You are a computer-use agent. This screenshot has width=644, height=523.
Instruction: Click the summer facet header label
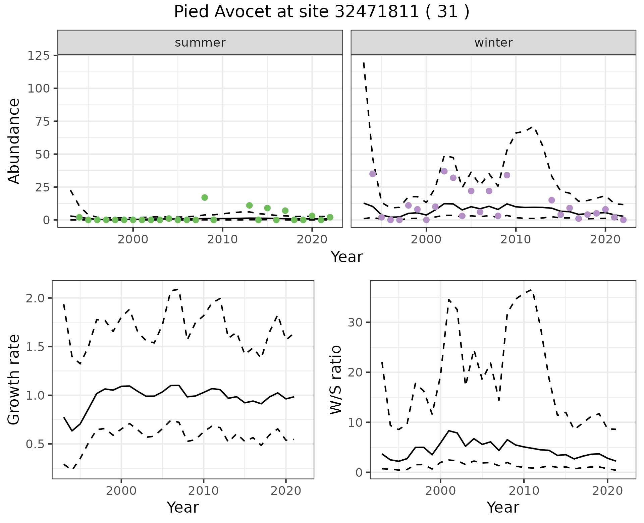pos(200,43)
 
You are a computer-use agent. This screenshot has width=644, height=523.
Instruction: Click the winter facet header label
pos(493,43)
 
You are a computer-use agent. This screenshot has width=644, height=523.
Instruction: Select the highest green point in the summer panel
pos(205,197)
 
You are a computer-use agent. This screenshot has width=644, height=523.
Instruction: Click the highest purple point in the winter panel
pos(444,171)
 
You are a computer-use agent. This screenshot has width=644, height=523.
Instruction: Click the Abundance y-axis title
pos(14,141)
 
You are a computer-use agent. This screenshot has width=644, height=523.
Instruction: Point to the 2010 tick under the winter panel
pos(516,239)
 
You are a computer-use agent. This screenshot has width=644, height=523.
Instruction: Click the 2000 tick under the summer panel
pos(133,239)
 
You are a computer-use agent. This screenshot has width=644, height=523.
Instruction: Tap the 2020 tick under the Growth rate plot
pos(286,491)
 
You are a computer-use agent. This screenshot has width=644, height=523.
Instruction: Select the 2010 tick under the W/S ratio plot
pos(524,491)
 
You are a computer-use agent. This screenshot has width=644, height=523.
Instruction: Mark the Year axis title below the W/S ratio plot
pos(503,507)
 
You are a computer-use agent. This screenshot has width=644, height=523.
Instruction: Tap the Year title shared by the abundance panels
pos(347,257)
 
